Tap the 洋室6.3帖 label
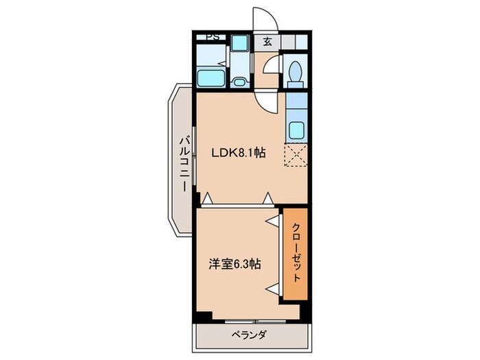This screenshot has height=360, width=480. point(235,263)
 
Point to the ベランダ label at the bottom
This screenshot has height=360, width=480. point(249,335)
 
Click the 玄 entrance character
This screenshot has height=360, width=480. point(267,41)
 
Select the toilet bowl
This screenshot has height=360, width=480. point(296,71)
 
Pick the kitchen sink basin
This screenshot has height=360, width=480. point(297,129)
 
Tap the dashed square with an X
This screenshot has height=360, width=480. point(297,156)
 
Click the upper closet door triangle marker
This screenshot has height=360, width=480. point(273,220)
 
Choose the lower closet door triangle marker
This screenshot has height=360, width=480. point(273,287)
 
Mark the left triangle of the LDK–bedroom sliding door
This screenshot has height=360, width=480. point(206,200)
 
